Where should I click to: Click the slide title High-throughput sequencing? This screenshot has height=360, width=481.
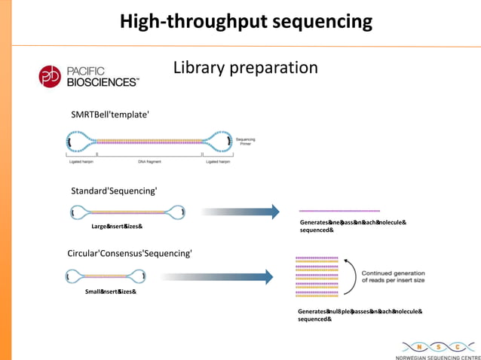246,21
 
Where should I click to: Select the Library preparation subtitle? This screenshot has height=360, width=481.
246,68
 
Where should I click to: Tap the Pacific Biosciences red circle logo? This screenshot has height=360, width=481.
51,76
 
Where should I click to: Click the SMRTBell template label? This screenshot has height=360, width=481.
110,114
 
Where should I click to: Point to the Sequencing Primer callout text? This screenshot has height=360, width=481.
246,142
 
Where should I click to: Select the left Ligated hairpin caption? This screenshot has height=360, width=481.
78,161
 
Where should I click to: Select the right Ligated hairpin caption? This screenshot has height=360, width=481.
218,161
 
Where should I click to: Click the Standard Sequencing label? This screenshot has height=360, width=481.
114,191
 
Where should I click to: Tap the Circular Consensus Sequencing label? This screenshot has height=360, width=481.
130,253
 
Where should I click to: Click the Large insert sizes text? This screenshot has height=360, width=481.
117,226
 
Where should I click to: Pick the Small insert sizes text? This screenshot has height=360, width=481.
110,291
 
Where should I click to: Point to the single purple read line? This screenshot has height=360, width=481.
339,211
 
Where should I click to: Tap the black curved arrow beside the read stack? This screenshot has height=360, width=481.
351,276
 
